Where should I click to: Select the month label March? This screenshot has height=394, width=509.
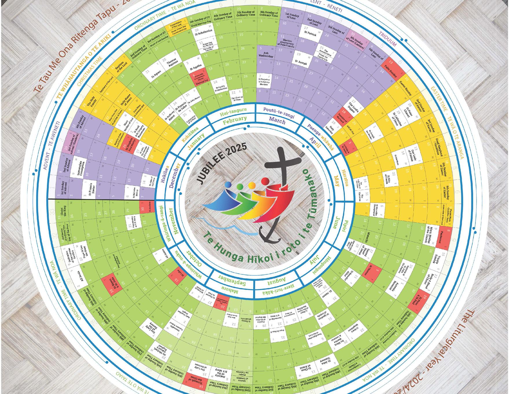tap(277, 120)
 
